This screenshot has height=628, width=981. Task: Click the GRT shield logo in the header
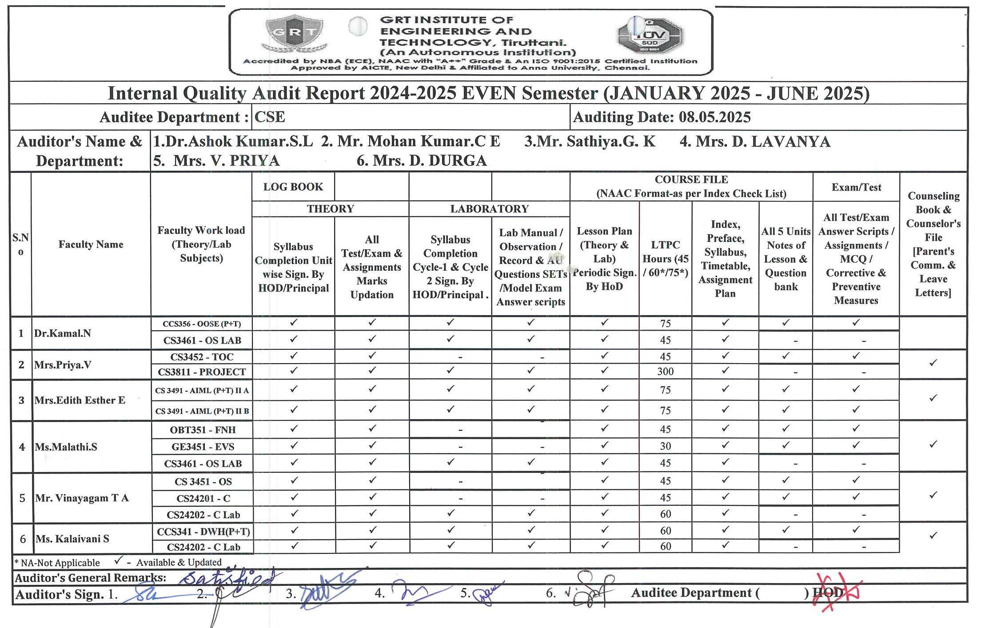[294, 33]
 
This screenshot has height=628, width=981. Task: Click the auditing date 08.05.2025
[714, 117]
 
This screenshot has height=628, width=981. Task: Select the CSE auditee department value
[270, 117]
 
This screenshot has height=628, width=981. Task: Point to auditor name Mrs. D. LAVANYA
[755, 142]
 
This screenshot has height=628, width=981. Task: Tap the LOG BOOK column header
[293, 187]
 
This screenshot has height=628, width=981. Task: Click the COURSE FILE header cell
[691, 186]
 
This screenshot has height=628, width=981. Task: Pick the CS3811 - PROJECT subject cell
[202, 372]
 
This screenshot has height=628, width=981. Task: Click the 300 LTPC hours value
[665, 372]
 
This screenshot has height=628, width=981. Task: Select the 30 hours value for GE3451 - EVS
[665, 446]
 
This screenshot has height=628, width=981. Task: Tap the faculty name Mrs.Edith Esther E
[80, 400]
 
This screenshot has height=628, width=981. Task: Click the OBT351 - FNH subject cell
[203, 430]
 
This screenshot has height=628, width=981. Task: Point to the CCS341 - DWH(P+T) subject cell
[203, 532]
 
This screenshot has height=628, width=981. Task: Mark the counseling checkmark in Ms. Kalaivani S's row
[933, 536]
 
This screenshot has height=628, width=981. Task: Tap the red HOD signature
[835, 593]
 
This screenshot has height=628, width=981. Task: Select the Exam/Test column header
[856, 188]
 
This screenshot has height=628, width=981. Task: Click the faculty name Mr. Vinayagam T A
[82, 498]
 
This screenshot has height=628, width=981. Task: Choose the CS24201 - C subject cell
[203, 499]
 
